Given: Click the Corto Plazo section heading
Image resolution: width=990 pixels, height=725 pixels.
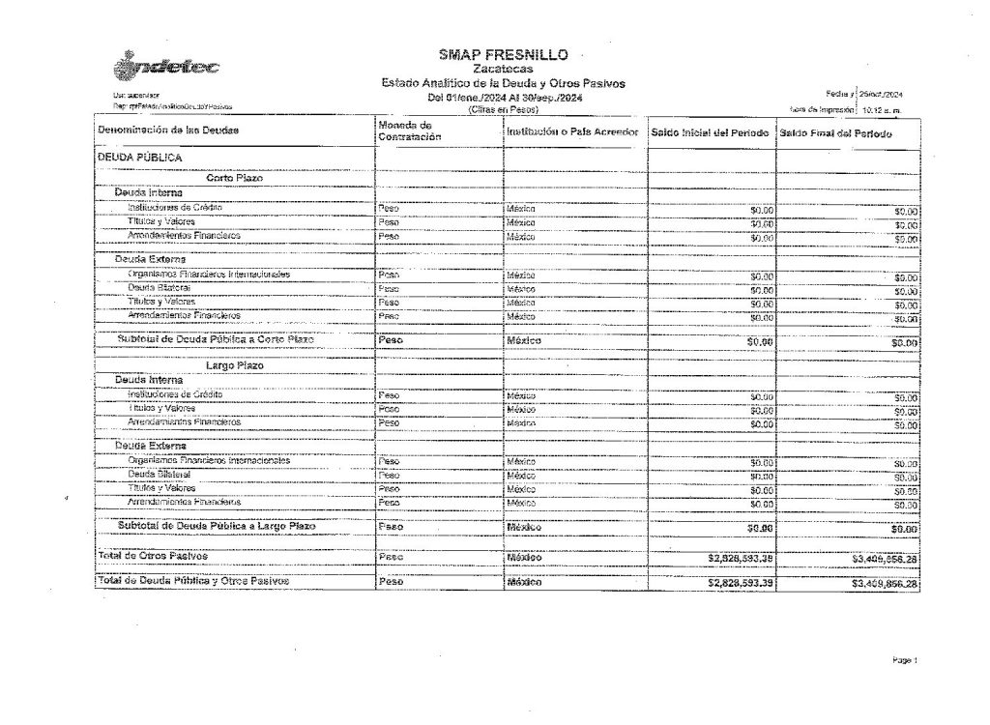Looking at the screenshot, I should point(236,178).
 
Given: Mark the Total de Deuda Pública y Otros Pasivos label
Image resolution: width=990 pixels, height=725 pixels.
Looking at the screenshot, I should point(192,580).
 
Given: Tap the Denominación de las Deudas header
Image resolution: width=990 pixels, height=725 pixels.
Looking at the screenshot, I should point(169,130).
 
